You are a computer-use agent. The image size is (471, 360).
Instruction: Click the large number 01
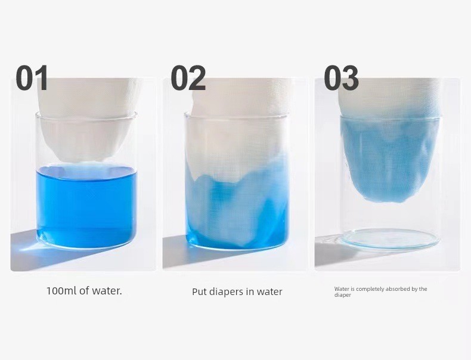tap(32, 78)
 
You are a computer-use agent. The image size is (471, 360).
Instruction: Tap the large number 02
tap(188, 78)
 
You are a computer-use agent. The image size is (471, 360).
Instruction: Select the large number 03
tap(341, 78)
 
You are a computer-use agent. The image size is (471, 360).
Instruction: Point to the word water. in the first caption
tap(107, 291)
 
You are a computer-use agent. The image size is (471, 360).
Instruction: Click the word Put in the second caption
tap(199, 292)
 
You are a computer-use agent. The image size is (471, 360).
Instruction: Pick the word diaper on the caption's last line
tap(342, 295)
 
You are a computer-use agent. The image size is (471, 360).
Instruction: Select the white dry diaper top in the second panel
tap(237, 126)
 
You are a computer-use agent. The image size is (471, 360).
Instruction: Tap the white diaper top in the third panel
tap(389, 96)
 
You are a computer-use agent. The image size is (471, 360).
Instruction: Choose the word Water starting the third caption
tap(341, 289)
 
